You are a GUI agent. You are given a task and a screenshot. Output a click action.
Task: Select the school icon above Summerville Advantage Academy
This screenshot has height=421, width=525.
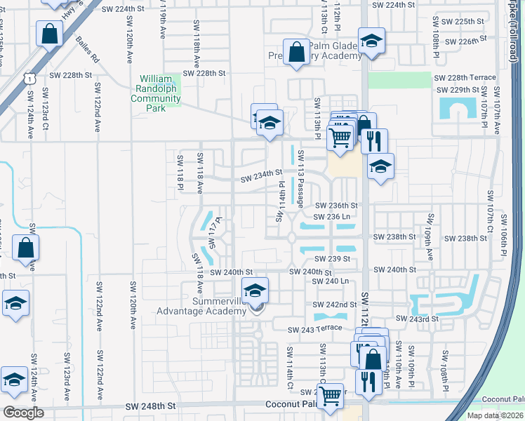coord(255,290)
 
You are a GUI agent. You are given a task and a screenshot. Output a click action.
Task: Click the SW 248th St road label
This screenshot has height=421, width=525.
coord(149,406)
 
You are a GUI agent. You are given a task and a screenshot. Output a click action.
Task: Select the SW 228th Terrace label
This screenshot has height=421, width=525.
coord(465,78)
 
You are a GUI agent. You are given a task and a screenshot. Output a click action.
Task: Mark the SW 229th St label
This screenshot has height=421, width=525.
coord(458,91)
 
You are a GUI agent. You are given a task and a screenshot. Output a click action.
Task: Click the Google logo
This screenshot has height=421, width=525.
coord(23,412)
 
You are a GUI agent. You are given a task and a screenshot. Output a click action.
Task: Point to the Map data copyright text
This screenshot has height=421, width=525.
coord(495,415)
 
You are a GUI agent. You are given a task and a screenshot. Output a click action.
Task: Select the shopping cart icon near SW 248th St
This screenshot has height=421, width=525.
coord(329,396)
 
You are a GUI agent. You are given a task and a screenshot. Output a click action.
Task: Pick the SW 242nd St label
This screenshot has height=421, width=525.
coord(335,305)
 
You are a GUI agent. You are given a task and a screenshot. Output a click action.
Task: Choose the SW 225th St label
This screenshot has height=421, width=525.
coord(459,22)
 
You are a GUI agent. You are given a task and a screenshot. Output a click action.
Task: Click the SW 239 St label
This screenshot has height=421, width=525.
coord(332,259)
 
